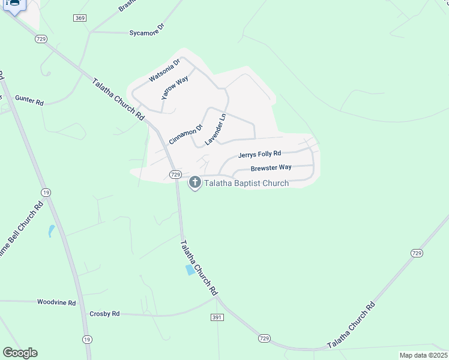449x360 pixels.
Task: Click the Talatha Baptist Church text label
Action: tap(247, 183)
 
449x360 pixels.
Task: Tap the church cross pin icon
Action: tap(194, 182)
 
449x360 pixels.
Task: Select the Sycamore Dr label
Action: tap(146, 31)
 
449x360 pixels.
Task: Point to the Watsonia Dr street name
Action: tap(164, 70)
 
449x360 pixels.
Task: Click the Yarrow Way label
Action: tap(175, 88)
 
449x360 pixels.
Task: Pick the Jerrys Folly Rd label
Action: tap(259, 154)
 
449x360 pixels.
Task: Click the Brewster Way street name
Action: tap(271, 167)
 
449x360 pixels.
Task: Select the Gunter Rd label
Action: tap(29, 100)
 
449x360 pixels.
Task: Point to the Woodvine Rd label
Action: tap(56, 303)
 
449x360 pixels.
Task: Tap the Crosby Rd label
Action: tap(104, 313)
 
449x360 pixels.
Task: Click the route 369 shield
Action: tap(80, 18)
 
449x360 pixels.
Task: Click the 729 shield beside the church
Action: tap(175, 174)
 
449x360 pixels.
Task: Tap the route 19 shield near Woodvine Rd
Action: tap(88, 339)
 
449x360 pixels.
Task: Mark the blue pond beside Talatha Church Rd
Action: tap(190, 270)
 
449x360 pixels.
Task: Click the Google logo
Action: tap(20, 353)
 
